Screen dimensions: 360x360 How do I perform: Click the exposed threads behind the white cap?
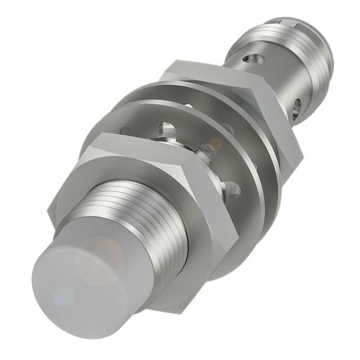coord(141,211)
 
